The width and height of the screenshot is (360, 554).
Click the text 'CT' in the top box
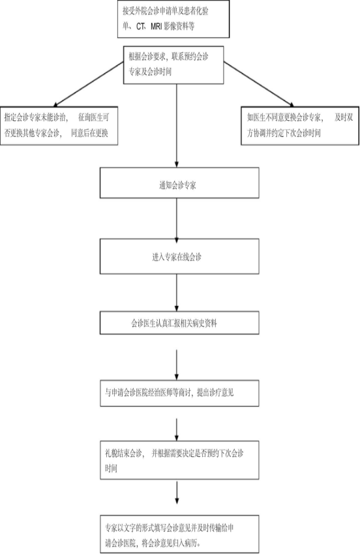(x=140, y=27)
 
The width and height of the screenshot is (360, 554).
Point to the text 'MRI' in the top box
(x=156, y=27)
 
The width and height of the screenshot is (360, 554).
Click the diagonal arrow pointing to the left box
(x=89, y=84)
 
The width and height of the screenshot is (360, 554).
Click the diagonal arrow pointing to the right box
(x=259, y=84)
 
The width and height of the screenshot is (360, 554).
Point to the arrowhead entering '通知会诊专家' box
(x=177, y=163)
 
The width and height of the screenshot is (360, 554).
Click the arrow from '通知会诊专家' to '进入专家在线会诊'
(x=177, y=219)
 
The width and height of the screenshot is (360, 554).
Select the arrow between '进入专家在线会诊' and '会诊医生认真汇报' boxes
(x=177, y=292)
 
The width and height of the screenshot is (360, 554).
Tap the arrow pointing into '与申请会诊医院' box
(x=177, y=365)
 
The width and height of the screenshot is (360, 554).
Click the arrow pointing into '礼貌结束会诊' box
(x=177, y=430)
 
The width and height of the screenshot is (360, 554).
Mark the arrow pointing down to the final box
(x=177, y=493)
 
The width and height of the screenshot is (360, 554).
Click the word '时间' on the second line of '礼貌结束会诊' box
(x=111, y=469)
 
